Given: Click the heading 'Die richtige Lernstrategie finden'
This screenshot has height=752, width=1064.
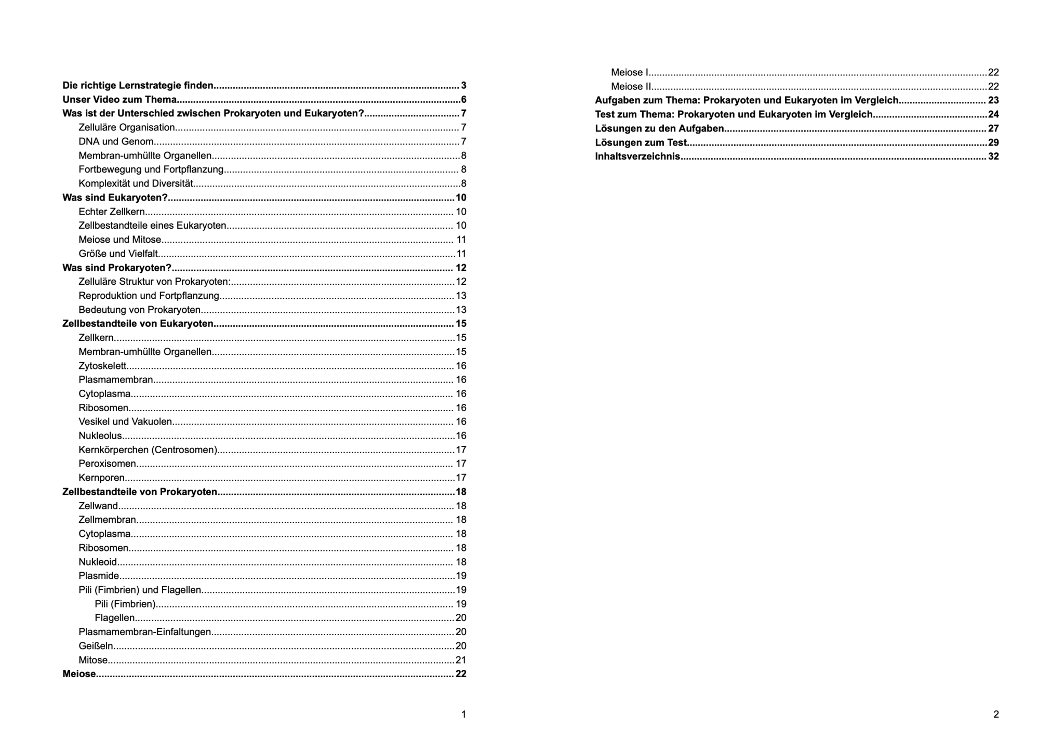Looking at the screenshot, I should pyautogui.click(x=138, y=86).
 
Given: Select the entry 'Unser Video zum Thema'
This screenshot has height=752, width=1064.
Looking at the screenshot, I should pyautogui.click(x=119, y=100).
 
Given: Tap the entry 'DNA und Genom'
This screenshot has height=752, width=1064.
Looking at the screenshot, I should pyautogui.click(x=116, y=141).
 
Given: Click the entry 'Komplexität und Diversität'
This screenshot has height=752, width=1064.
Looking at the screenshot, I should pyautogui.click(x=136, y=183).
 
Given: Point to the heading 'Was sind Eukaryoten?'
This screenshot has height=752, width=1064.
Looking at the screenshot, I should pyautogui.click(x=115, y=197).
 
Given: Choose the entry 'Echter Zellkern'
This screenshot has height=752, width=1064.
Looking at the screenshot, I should pyautogui.click(x=112, y=212).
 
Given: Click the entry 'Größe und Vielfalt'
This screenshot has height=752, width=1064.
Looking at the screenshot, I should pyautogui.click(x=118, y=254).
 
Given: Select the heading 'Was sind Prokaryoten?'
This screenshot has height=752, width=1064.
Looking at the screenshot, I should pyautogui.click(x=117, y=268).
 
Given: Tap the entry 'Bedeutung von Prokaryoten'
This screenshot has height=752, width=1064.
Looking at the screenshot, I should pyautogui.click(x=140, y=310).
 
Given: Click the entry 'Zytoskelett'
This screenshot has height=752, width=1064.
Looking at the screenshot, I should pyautogui.click(x=102, y=366).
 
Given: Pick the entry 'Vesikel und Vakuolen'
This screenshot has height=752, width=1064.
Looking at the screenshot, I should pyautogui.click(x=125, y=421).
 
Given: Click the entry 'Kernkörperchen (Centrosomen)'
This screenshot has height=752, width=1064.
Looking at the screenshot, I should pyautogui.click(x=148, y=450).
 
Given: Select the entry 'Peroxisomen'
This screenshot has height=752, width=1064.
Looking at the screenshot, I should pyautogui.click(x=108, y=464).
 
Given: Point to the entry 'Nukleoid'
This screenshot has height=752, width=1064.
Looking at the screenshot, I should pyautogui.click(x=98, y=562).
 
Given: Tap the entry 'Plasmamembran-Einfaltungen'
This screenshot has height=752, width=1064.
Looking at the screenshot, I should pyautogui.click(x=145, y=632).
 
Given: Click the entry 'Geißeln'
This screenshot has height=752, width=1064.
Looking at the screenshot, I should pyautogui.click(x=96, y=646).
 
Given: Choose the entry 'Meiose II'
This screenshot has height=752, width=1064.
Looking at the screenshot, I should pyautogui.click(x=631, y=86).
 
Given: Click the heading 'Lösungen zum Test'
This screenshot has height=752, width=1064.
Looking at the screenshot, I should pyautogui.click(x=641, y=142).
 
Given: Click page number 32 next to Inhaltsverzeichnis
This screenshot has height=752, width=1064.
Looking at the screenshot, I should pyautogui.click(x=993, y=156).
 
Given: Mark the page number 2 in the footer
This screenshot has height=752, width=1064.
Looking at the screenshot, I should pyautogui.click(x=996, y=715).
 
